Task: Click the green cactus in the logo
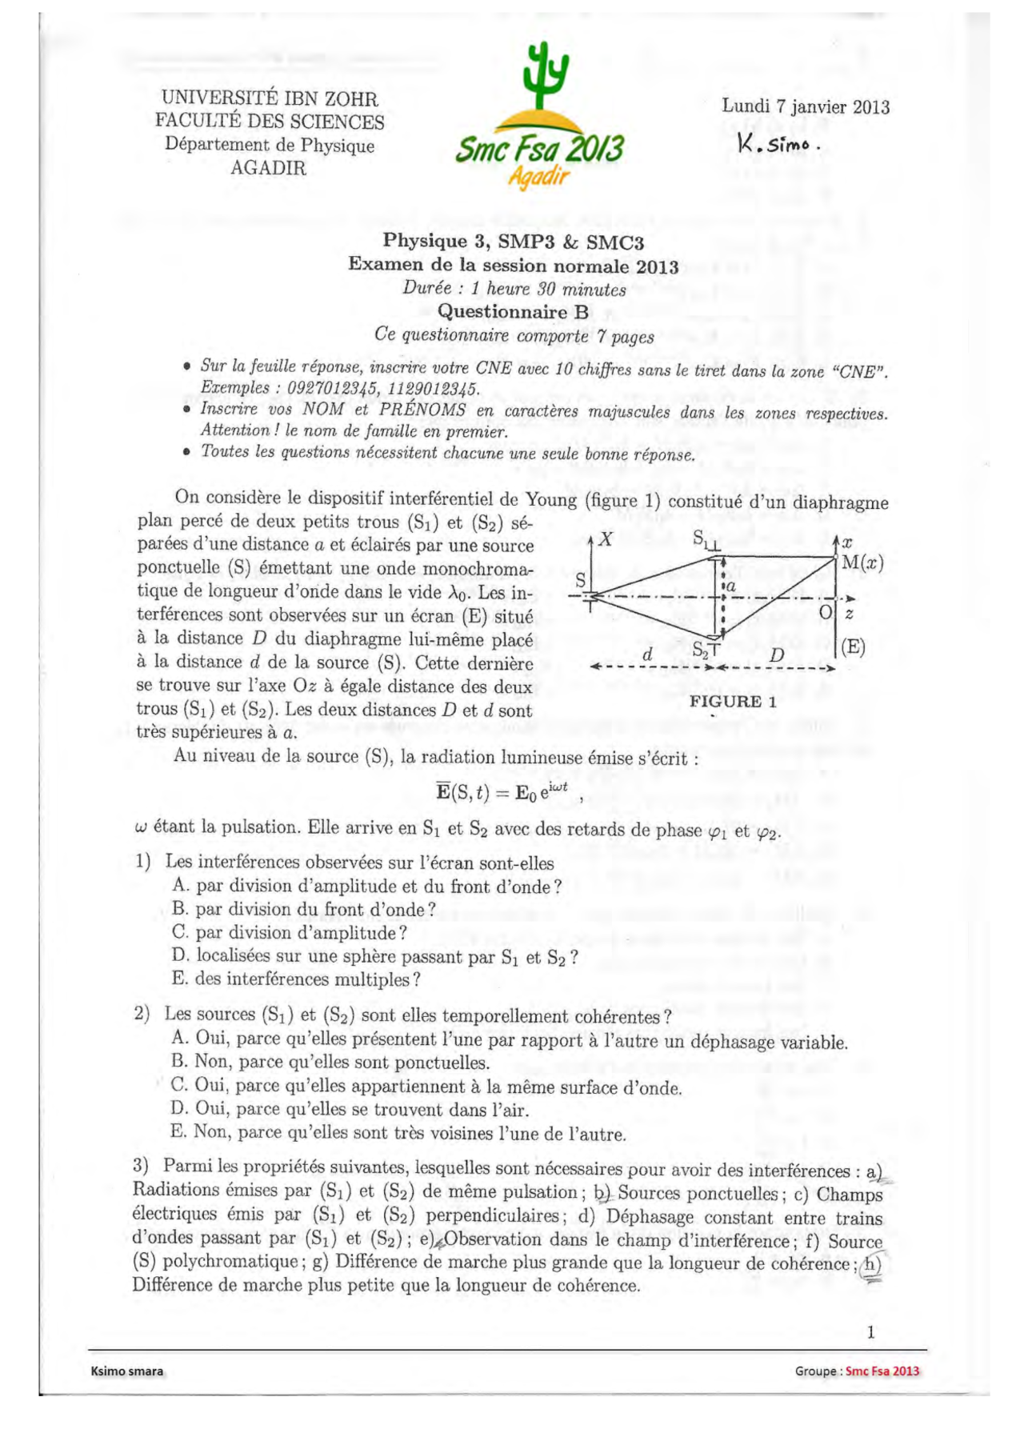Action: coord(544,76)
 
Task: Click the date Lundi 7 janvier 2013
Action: coord(805,106)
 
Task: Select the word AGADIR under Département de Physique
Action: coord(268,168)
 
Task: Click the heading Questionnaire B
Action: coord(512,312)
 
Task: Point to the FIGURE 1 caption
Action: coord(733,702)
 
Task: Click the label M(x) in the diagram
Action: coord(862,562)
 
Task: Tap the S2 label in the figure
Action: coord(700,650)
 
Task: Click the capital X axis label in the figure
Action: coord(606,539)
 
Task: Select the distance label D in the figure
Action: coord(776,655)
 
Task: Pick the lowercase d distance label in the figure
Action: coord(647,654)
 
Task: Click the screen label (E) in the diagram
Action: coord(853,646)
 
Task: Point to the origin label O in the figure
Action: coord(826,613)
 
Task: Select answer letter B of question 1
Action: coord(180,909)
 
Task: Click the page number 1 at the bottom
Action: coord(870,1332)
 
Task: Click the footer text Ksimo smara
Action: coord(127,1371)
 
